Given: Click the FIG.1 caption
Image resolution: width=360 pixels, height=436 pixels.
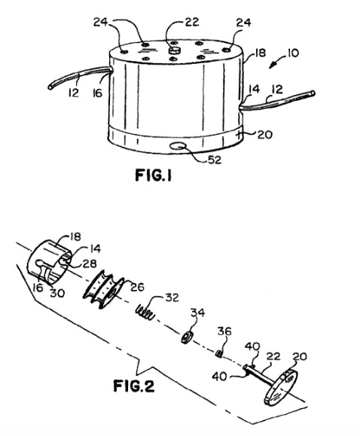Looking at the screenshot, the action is click(154, 175).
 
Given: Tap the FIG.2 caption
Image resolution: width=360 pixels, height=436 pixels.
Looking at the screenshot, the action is click(133, 386).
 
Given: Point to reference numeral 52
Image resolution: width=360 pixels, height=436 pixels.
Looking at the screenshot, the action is click(215, 160).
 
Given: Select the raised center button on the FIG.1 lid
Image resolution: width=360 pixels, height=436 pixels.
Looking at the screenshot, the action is click(175, 50).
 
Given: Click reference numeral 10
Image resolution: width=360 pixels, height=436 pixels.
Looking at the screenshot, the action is click(292, 53).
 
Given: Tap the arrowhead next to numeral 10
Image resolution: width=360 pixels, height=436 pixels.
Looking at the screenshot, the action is click(272, 66).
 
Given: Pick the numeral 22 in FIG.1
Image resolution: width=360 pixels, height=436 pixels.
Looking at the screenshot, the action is click(192, 22).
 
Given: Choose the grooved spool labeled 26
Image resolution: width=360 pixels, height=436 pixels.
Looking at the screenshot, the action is click(103, 289).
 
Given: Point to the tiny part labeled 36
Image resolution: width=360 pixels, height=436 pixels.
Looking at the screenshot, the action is click(219, 354).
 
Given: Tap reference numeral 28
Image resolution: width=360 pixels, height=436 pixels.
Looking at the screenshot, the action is click(90, 264).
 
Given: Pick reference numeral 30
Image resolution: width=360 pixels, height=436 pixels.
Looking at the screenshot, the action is click(57, 293).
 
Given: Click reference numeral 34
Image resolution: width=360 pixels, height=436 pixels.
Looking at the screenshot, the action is click(197, 313).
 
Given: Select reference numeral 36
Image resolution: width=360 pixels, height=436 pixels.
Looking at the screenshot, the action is click(224, 331).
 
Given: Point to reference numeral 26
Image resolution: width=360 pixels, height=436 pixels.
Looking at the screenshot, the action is click(137, 287).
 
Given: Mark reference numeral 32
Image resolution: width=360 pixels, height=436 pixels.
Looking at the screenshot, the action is click(172, 297).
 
